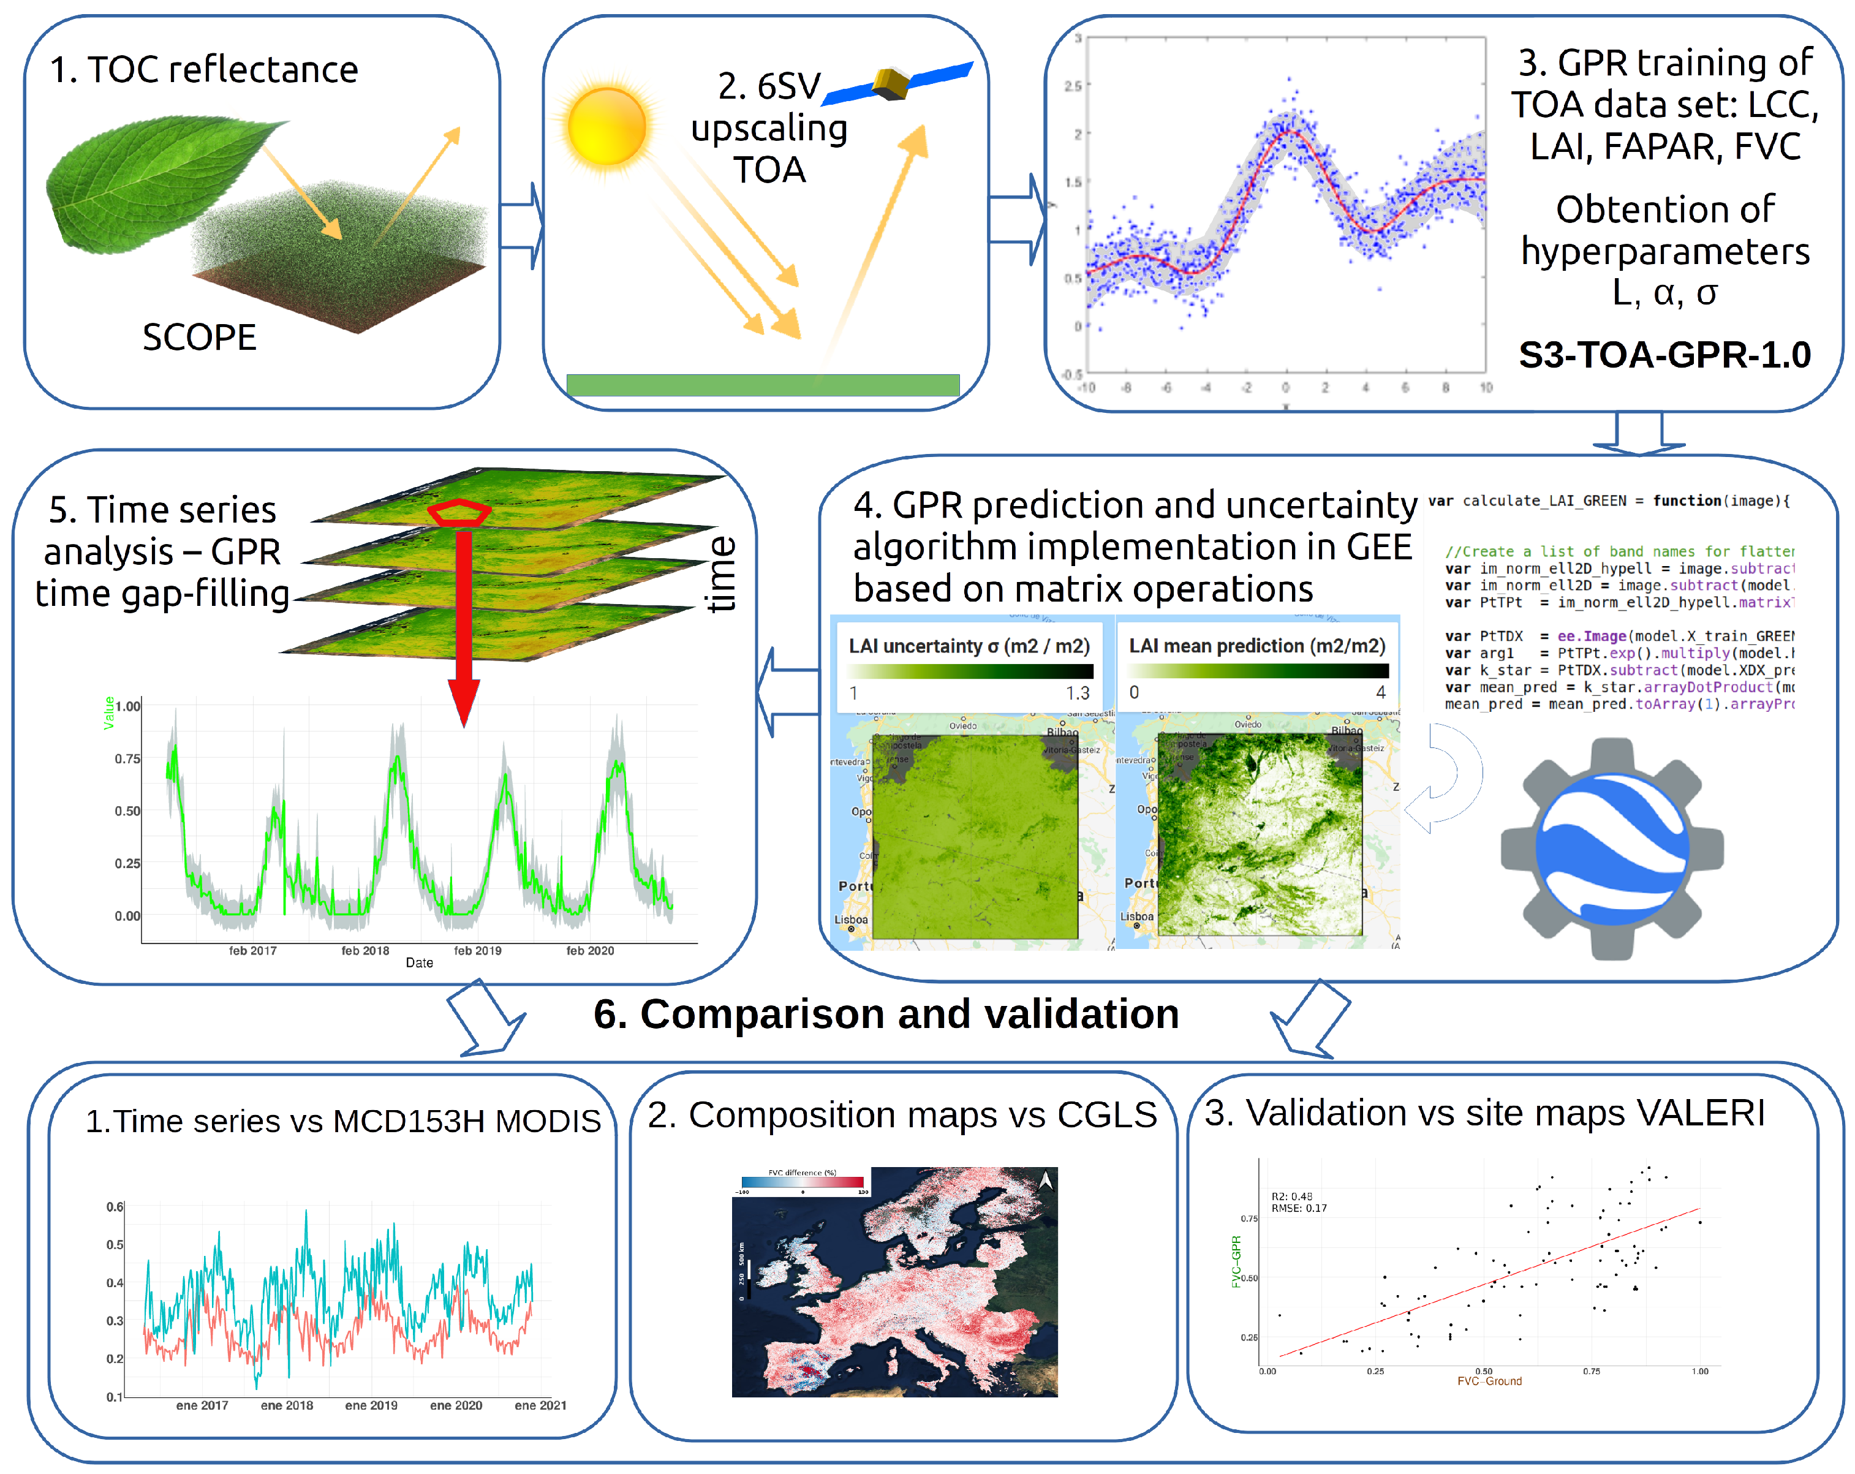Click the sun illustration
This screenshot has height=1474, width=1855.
(606, 126)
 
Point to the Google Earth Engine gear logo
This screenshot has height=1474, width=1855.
(1612, 847)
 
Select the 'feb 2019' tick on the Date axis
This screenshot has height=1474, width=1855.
(477, 950)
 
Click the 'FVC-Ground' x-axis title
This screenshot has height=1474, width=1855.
(1489, 1381)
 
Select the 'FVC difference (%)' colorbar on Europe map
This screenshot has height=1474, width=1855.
(802, 1181)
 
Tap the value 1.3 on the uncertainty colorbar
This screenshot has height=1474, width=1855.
(1077, 693)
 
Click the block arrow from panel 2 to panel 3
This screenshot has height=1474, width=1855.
(1016, 219)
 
